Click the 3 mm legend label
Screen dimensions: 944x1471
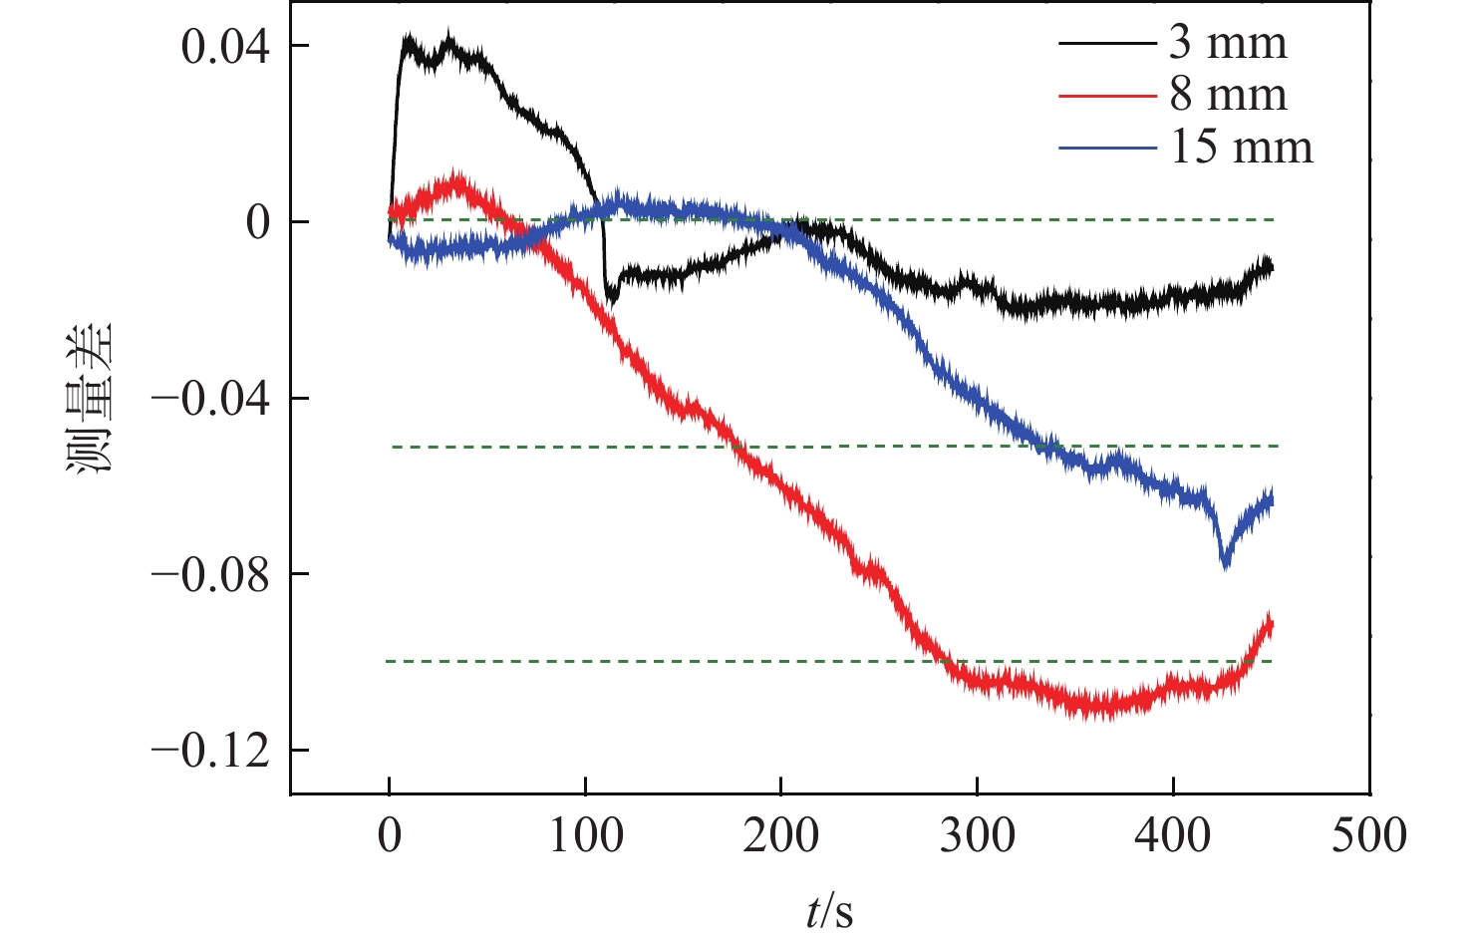[x=1228, y=43]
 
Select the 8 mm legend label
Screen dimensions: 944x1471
[x=1228, y=96]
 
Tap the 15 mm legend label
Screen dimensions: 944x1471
[x=1241, y=148]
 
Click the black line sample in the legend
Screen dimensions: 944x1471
[x=1106, y=44]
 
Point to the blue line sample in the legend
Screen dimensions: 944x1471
[x=1106, y=149]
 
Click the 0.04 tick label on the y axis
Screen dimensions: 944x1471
[x=226, y=47]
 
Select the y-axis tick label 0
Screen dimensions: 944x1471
[x=258, y=222]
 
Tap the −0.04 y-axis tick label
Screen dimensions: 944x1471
[x=210, y=399]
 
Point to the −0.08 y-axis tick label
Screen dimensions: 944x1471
[x=210, y=574]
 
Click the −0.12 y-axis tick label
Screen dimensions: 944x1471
[x=210, y=751]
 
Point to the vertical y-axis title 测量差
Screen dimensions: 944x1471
[x=91, y=399]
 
